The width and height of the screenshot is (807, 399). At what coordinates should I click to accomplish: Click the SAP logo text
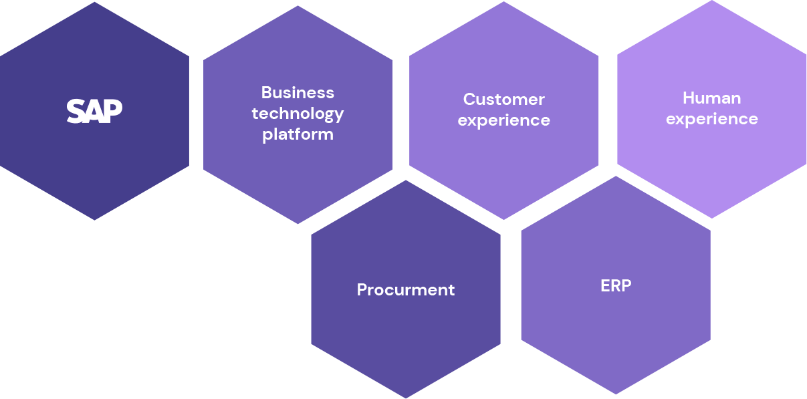click(x=94, y=111)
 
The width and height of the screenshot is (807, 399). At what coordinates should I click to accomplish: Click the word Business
click(x=298, y=92)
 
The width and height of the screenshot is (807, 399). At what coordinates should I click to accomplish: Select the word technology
click(x=298, y=114)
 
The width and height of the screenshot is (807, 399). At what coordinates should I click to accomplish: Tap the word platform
click(x=298, y=134)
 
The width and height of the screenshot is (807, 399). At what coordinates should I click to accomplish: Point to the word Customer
click(x=503, y=100)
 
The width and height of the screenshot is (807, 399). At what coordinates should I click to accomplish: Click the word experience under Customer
click(x=503, y=121)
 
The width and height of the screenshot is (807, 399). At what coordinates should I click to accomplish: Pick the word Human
click(x=711, y=98)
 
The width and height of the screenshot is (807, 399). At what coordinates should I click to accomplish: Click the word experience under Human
click(x=711, y=120)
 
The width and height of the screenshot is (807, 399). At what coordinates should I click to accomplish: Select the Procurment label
click(x=405, y=289)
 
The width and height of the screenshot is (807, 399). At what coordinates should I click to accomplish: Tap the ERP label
click(x=616, y=285)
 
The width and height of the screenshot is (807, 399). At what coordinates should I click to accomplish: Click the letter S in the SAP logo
click(x=76, y=111)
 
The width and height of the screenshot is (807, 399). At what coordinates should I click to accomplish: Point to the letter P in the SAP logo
click(x=114, y=110)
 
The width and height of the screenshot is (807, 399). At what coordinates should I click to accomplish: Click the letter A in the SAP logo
click(x=94, y=111)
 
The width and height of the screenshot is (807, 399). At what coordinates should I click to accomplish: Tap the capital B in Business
click(x=266, y=92)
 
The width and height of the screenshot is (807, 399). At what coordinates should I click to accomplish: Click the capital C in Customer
click(x=469, y=100)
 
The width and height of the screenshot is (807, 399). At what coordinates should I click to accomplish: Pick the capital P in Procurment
click(x=362, y=289)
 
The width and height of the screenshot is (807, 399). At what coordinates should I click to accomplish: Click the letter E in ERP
click(x=604, y=285)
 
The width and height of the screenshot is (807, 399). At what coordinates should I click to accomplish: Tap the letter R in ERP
click(x=615, y=285)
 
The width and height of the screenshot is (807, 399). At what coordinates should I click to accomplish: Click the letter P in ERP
click(x=626, y=285)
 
